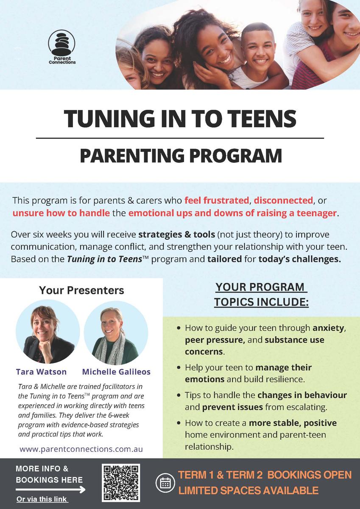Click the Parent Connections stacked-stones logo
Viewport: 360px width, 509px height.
pos(61,47)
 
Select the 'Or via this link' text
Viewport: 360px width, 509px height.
pos(42,499)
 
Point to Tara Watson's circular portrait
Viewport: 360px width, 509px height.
pos(47,332)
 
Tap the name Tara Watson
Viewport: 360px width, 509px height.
pos(41,372)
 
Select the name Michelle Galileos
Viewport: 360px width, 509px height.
pos(116,372)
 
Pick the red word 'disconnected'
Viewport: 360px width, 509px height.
pos(283,200)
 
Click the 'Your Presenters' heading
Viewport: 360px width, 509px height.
pos(81,290)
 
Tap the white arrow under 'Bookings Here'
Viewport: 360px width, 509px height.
pos(50,489)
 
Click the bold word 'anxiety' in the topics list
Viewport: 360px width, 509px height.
pos(329,328)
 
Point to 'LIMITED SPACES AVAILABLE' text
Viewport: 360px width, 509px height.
pos(248,491)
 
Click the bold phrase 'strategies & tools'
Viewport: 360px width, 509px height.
pos(177,234)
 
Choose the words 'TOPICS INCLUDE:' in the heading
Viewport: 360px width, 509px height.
pos(262,302)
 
